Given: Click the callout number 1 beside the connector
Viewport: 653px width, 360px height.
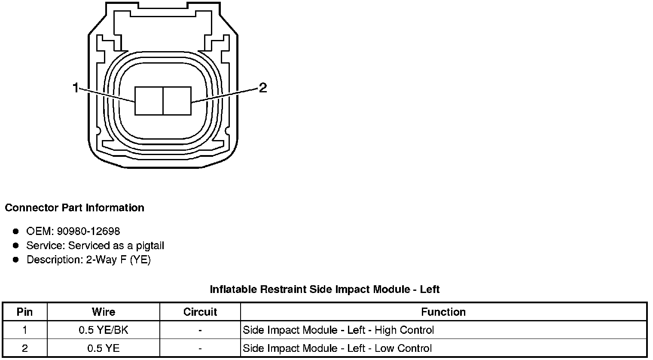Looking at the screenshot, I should coord(76,88).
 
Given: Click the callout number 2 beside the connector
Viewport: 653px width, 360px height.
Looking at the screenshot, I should coord(263,88).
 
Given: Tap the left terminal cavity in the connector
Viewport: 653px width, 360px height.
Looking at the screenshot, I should coord(149,101).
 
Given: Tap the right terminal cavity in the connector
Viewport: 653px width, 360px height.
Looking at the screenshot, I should coord(177,101).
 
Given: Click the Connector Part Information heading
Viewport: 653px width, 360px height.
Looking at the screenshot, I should coord(74,208).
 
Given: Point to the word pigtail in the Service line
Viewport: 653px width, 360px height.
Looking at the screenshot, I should coord(150,246).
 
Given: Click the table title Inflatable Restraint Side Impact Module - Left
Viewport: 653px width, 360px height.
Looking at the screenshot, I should coord(324,290).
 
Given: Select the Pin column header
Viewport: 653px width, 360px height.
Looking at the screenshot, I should coord(24,312).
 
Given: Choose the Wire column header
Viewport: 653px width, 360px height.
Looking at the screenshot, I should coord(104,312).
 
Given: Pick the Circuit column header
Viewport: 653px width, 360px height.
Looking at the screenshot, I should coord(200,312).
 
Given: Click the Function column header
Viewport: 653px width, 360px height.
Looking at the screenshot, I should coord(443,312).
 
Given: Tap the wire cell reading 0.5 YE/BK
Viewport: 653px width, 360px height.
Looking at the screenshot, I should coord(104,330).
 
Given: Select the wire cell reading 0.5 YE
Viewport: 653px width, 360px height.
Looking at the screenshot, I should coord(104,348).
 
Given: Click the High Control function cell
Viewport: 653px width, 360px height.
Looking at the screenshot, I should coord(339,330).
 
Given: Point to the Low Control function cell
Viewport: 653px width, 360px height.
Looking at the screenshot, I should coord(338,348).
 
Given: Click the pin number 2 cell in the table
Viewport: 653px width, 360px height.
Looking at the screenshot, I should coord(24,348).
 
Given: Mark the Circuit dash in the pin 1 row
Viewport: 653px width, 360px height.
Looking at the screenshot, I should coord(200,330).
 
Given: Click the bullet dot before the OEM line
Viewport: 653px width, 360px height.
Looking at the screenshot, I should coord(16,232).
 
